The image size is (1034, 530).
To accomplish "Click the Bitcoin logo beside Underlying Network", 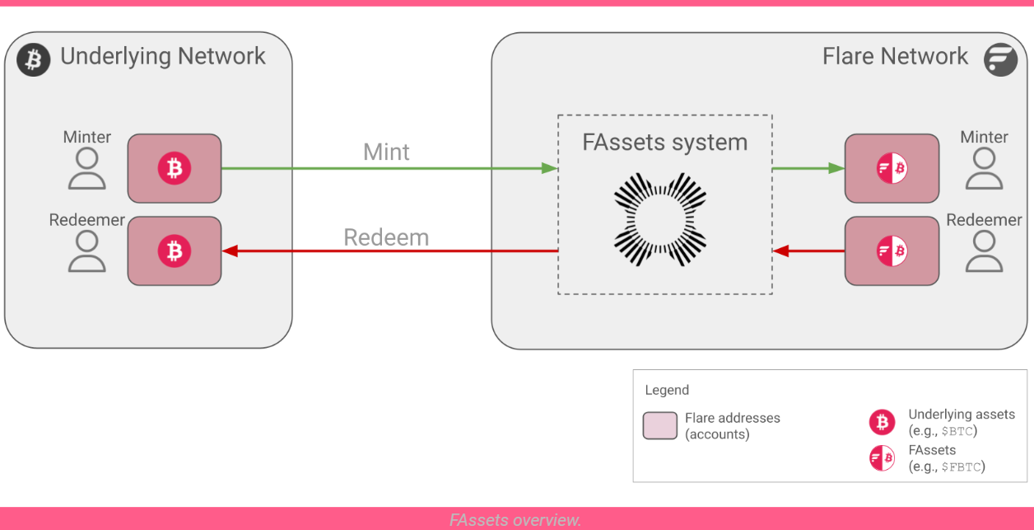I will coord(34,59).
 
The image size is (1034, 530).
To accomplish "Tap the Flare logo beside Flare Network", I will coord(1000,59).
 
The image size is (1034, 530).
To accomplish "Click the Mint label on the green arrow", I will coord(386,152).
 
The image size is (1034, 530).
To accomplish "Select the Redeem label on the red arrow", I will coord(386,237).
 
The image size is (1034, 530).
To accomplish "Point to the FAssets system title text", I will coord(664,142).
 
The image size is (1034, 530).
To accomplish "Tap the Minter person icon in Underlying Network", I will coord(86,169).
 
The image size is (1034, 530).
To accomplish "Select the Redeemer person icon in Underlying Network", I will coord(86,251).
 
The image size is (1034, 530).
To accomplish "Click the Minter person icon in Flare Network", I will coord(984,169).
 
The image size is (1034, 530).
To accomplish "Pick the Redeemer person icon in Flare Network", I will coord(984,251).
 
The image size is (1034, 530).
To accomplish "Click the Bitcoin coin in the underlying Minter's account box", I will coord(175,168).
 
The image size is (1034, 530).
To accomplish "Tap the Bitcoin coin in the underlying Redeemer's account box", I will coord(175,251).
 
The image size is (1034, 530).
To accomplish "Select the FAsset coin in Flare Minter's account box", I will coord(892,168).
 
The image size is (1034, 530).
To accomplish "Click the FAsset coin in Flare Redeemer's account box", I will coord(892,251).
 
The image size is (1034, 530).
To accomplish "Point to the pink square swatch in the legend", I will coord(659,425).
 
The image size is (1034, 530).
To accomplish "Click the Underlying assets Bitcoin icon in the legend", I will coord(882,422).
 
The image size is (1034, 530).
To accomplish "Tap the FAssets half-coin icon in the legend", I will coord(882,457).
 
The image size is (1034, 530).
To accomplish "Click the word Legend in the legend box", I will coord(667,390).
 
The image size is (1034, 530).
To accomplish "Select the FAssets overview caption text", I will coord(516,520).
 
